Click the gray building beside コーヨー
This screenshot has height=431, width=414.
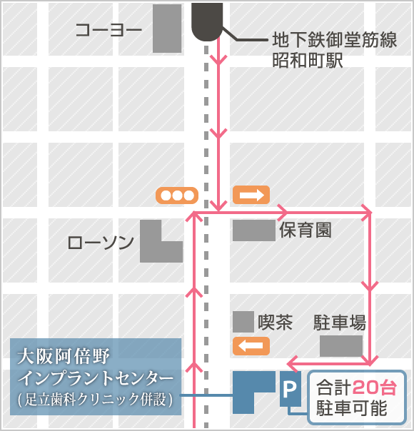167,29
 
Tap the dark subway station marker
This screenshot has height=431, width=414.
207,21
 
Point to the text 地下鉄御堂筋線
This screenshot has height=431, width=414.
334,41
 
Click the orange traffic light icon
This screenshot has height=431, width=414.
177,195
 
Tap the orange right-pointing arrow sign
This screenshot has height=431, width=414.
251,194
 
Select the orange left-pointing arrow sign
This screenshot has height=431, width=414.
251,346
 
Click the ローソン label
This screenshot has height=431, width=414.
101,243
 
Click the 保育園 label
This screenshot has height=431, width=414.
306,230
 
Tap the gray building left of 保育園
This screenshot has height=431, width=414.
253,230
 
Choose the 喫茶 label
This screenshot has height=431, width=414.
276,322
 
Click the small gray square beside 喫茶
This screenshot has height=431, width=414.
243,322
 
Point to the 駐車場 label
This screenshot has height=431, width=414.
340,323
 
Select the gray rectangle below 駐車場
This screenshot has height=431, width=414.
340,346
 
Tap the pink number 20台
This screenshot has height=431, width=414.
375,389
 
